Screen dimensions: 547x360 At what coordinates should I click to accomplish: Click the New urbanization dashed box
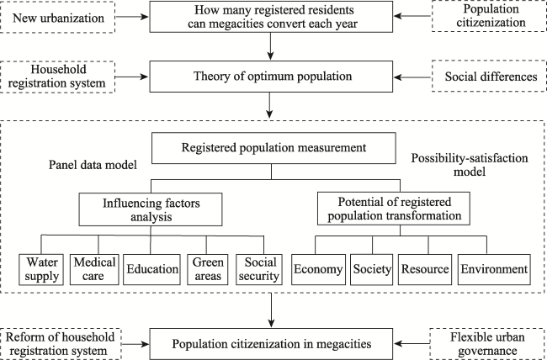point(57,17)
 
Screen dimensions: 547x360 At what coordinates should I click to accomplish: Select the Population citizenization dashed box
point(489,16)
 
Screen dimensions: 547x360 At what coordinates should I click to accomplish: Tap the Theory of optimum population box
point(272,77)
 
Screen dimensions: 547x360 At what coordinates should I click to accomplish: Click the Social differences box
point(489,77)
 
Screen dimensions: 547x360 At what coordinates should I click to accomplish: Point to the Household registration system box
point(57,77)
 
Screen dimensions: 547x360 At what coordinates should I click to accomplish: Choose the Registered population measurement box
point(273,148)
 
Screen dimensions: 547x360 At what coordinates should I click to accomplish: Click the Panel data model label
point(93,165)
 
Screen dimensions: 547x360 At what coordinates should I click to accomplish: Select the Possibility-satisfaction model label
point(470,165)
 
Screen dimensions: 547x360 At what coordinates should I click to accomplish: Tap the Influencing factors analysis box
point(151,209)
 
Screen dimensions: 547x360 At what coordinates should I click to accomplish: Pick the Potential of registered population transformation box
point(394,209)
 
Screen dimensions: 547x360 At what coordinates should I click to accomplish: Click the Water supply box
point(41,270)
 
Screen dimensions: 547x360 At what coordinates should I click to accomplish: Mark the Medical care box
point(94,270)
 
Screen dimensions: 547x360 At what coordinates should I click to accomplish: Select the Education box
point(151,270)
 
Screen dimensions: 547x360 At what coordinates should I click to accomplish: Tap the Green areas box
point(208,270)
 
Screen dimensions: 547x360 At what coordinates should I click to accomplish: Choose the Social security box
point(259,270)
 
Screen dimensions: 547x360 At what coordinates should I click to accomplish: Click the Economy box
point(318,270)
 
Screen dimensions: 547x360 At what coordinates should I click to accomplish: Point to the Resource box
point(425,270)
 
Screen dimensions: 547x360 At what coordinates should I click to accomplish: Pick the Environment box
point(494,270)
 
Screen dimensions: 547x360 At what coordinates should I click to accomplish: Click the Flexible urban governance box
point(488,344)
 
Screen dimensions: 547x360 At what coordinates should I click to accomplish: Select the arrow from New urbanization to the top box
point(132,17)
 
